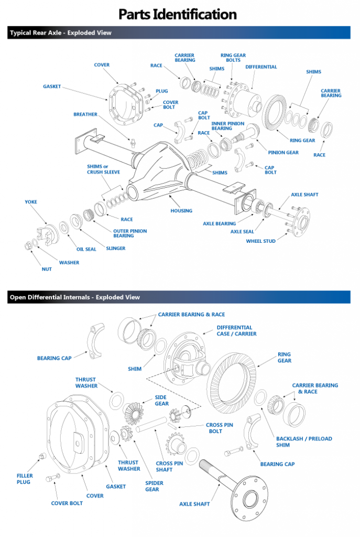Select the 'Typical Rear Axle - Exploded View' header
pyautogui.click(x=61, y=33)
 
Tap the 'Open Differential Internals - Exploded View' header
pyautogui.click(x=74, y=297)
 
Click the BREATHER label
pyautogui.click(x=85, y=114)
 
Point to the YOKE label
pyautogui.click(x=31, y=202)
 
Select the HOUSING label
pyautogui.click(x=181, y=211)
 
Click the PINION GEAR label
pyautogui.click(x=283, y=153)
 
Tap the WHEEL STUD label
pyautogui.click(x=261, y=241)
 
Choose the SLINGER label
pyautogui.click(x=116, y=248)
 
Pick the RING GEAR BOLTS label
pyautogui.click(x=233, y=58)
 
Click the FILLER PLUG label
pyautogui.click(x=24, y=479)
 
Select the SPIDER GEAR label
pyautogui.click(x=152, y=486)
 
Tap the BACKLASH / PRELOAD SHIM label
pyautogui.click(x=304, y=442)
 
